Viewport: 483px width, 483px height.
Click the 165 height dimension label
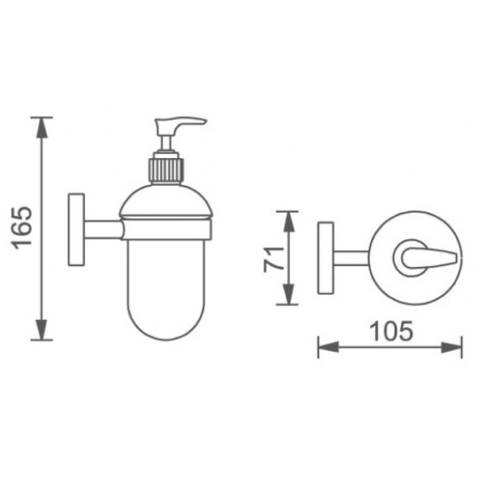tap(21, 228)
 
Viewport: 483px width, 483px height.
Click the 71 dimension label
tap(273, 259)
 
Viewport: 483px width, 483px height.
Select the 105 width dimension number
tap(391, 331)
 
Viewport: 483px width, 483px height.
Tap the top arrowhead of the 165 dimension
tap(42, 128)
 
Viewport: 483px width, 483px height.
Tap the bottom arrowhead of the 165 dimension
tap(42, 330)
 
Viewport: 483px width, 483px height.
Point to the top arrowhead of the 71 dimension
tap(288, 222)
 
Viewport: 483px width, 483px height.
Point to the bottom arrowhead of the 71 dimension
tap(288, 294)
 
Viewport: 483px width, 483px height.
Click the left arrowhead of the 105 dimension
tap(328, 347)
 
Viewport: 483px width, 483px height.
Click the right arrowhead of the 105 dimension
tap(451, 347)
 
